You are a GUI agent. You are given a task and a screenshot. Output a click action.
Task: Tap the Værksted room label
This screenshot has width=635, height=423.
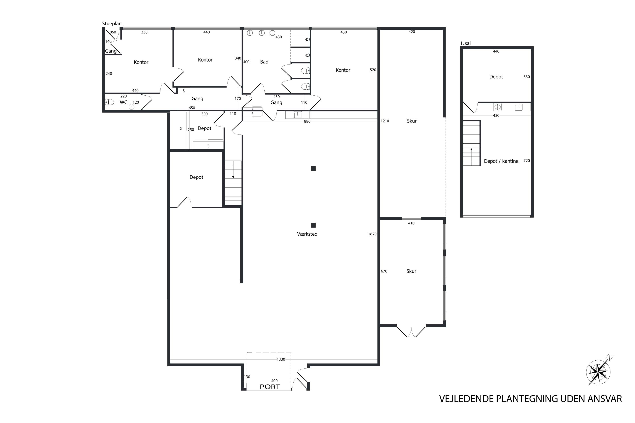307,234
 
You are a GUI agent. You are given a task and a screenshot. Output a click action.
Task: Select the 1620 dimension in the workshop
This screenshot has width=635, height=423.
372,234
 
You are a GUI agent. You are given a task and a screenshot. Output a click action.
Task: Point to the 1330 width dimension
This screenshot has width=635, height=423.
281,359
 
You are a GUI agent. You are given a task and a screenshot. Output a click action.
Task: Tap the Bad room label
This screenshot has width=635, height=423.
264,62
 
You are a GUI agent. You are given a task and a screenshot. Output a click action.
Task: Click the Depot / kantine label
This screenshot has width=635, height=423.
501,161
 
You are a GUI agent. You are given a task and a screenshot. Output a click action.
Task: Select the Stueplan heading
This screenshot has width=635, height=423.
112,24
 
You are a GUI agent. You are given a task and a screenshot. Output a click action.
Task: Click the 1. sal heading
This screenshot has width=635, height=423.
465,43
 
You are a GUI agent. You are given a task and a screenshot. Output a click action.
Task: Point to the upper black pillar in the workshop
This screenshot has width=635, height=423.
313,169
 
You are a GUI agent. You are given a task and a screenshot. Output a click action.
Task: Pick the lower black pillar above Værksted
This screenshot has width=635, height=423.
313,225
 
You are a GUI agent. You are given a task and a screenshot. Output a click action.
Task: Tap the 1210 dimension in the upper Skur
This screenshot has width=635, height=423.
385,121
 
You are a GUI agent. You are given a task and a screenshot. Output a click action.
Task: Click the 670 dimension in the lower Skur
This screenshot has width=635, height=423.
384,271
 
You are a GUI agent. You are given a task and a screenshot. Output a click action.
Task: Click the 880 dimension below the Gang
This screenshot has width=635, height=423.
307,121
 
